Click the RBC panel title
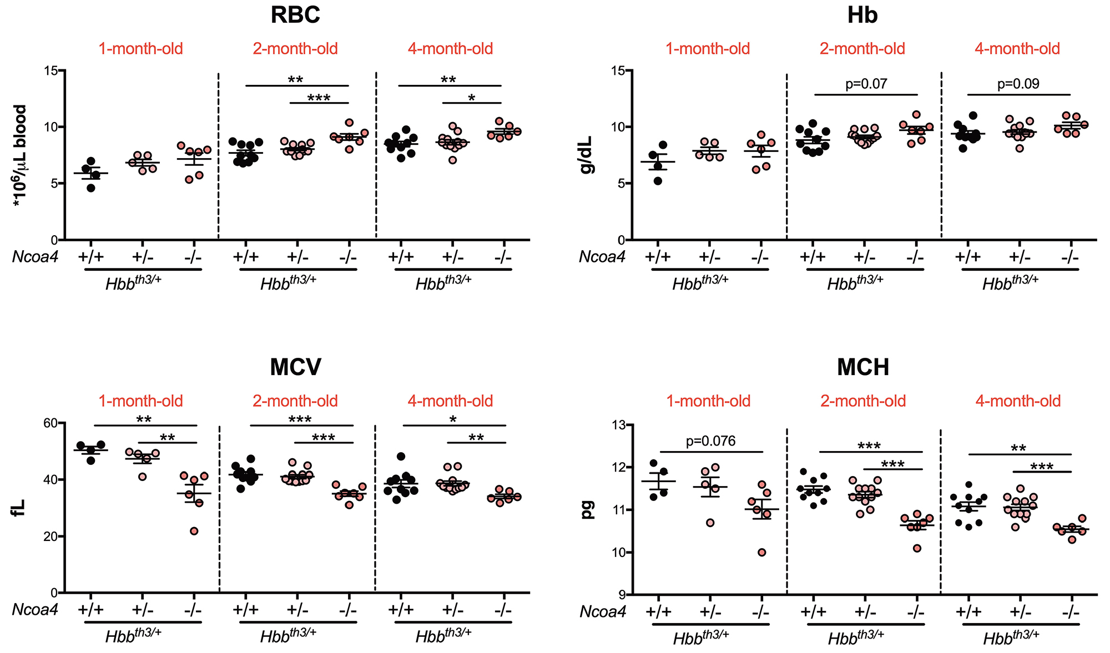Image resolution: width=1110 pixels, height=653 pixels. tap(295, 15)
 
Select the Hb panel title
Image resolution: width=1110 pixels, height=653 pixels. tap(862, 15)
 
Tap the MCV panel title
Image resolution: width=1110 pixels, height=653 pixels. tap(295, 367)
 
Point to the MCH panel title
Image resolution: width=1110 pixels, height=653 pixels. tap(862, 367)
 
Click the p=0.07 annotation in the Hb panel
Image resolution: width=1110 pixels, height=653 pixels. tap(866, 84)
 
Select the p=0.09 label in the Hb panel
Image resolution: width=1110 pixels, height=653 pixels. tap(1018, 84)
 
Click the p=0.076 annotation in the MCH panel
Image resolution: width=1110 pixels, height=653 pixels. tap(710, 441)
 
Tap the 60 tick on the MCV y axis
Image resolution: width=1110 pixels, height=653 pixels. tap(50, 423)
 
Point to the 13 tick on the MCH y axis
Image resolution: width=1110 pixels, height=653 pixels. tap(617, 425)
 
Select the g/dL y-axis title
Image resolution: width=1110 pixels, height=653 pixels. tap(586, 155)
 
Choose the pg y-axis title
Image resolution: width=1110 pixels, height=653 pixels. tap(587, 509)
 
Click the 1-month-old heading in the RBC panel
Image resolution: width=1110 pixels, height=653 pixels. tap(140, 49)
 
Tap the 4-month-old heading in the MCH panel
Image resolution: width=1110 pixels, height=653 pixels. tap(1018, 401)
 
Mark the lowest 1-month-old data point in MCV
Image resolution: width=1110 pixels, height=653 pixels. tap(194, 531)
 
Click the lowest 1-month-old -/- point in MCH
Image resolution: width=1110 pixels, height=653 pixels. tap(762, 552)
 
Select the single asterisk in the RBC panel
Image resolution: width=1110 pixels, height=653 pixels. tap(472, 98)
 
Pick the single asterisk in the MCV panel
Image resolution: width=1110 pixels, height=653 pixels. tap(453, 419)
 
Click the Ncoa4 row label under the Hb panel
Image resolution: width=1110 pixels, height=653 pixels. tap(602, 257)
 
